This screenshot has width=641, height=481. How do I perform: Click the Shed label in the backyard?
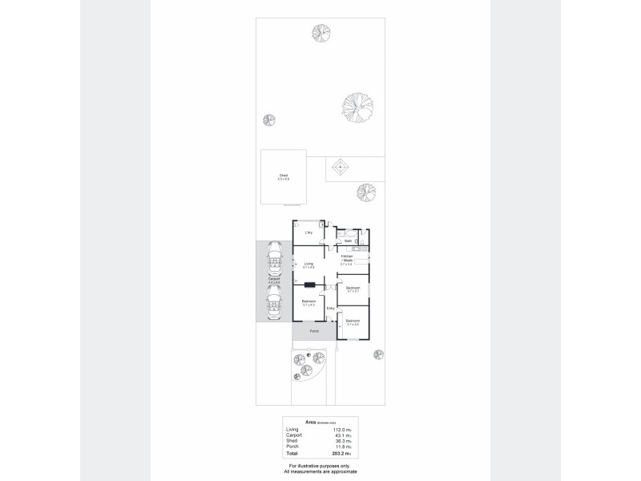(283, 175)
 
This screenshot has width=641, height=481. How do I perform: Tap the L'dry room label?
(308, 232)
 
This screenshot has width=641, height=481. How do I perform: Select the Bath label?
(349, 240)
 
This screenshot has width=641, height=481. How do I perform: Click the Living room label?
(308, 264)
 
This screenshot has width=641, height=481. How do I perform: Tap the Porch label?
(314, 330)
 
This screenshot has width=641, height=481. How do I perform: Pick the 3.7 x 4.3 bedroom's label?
(308, 301)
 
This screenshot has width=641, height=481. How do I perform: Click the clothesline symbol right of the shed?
(340, 168)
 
